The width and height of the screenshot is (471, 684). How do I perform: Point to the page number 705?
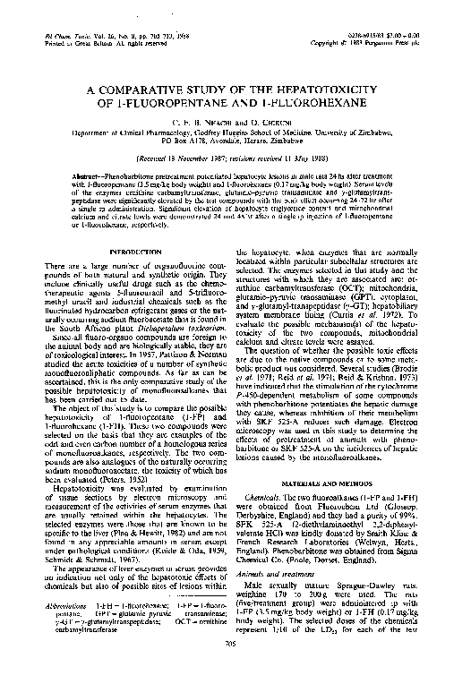pyautogui.click(x=235, y=666)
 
